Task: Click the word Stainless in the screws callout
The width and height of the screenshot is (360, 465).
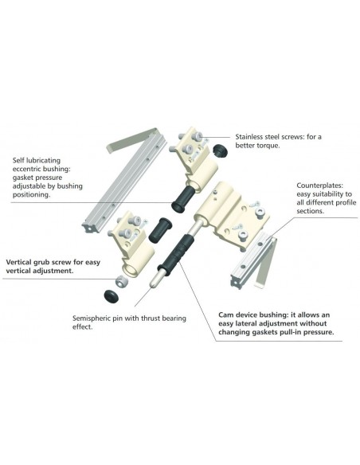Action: (x=249, y=137)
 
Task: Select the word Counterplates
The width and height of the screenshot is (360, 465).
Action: (x=319, y=186)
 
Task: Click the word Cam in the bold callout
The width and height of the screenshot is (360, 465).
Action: (x=225, y=315)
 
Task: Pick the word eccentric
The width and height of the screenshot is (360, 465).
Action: (x=26, y=169)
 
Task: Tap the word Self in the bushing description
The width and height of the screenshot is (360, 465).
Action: (x=18, y=160)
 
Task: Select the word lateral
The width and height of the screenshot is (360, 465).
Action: (x=248, y=323)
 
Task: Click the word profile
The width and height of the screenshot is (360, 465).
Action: (x=346, y=203)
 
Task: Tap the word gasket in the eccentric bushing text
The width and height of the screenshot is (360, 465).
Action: (x=22, y=178)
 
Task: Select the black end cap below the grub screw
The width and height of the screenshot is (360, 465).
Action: (x=112, y=295)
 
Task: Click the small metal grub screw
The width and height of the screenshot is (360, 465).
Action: (x=121, y=281)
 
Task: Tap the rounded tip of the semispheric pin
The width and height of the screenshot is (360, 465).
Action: (x=152, y=283)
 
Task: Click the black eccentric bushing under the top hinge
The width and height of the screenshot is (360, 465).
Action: (x=183, y=199)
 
